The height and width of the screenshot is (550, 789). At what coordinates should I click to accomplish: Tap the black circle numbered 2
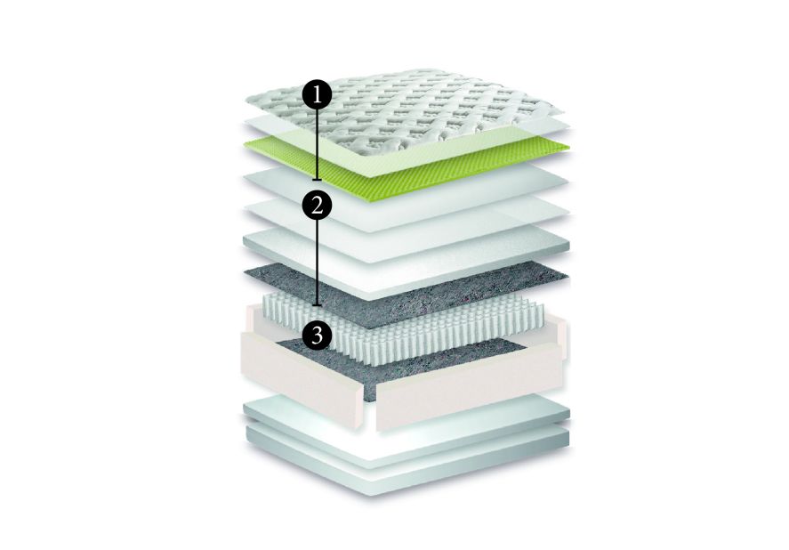click(x=317, y=206)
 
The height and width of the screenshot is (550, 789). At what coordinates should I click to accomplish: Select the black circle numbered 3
click(x=317, y=335)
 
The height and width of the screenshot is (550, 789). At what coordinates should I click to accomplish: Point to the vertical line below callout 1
click(x=317, y=144)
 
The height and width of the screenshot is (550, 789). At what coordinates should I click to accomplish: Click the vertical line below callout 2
click(x=317, y=263)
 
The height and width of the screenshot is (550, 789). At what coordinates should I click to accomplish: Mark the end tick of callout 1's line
click(x=317, y=180)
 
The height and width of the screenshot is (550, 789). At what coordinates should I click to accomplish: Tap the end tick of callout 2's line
click(x=317, y=305)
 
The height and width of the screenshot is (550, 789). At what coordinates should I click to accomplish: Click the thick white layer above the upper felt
click(x=406, y=264)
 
